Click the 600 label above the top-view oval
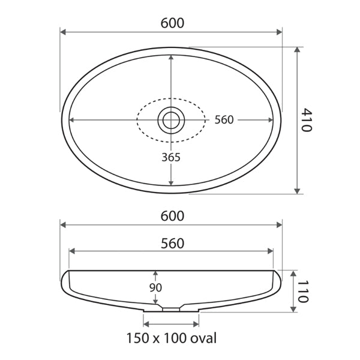172,23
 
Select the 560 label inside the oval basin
224,120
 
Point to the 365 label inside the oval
171,157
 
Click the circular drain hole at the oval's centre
171,120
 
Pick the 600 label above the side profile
172,215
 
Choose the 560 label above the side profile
172,243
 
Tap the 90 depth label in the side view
155,287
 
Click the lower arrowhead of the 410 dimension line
297,191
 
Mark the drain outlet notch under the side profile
171,309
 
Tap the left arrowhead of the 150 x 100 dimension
145,324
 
